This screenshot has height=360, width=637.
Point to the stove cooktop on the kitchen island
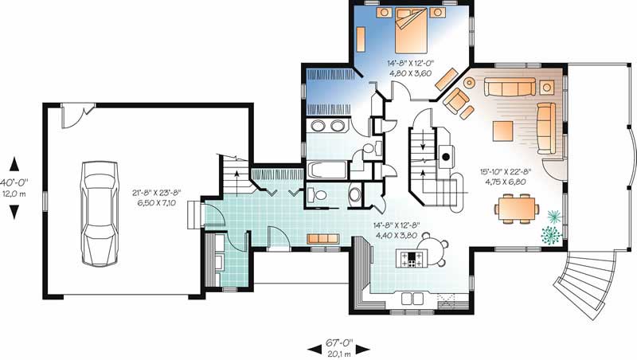pos(412,257)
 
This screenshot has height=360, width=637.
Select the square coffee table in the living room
pos(505,129)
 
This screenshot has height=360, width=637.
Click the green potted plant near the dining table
pos(550,233)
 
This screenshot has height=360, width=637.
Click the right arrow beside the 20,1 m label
pos(363,349)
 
